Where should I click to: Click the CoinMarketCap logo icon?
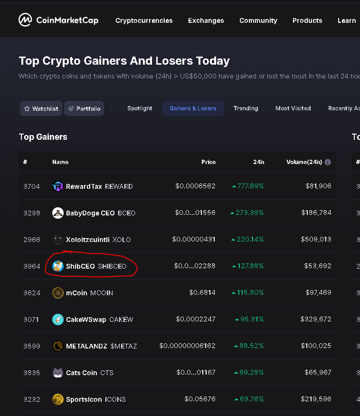coord(25,20)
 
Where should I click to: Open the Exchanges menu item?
coord(206,20)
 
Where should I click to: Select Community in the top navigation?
coord(258,20)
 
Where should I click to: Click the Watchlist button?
coord(41,108)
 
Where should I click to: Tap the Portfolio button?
coord(84,108)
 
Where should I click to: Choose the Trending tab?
coord(246,108)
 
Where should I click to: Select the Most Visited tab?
coord(293,108)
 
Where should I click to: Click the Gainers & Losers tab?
coord(193,108)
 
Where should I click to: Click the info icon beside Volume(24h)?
coord(328,162)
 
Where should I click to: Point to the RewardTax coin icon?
coord(57,186)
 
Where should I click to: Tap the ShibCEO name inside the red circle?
coord(80,266)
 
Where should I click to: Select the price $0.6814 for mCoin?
coord(202,293)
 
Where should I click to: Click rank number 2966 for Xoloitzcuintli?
coord(32,240)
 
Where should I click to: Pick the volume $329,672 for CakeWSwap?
coord(316,319)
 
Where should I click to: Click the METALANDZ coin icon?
coord(57,346)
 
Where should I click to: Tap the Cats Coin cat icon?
coord(57,373)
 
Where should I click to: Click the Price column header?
coord(208,162)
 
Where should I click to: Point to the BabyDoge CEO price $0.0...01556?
coord(195,213)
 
